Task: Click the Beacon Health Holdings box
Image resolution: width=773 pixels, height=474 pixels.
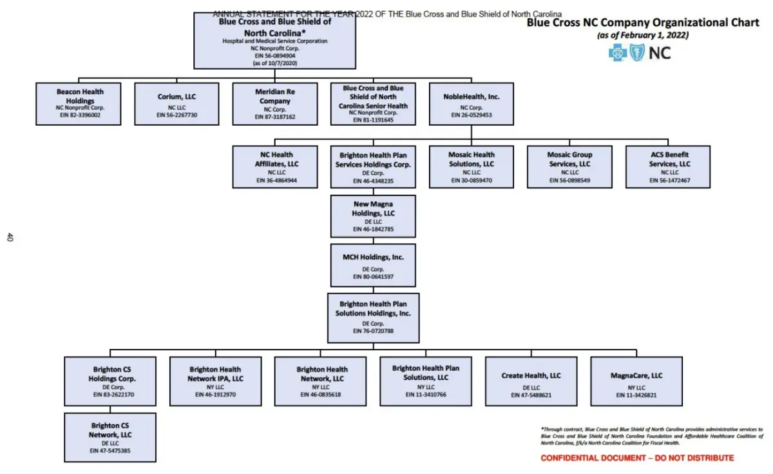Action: pyautogui.click(x=79, y=103)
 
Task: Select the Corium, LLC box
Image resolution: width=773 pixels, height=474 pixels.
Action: pyautogui.click(x=177, y=103)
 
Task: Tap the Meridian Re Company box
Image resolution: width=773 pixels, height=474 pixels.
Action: pyautogui.click(x=275, y=103)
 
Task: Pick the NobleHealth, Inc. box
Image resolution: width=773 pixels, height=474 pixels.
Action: pyautogui.click(x=472, y=103)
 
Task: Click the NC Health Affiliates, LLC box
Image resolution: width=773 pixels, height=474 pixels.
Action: pyautogui.click(x=275, y=166)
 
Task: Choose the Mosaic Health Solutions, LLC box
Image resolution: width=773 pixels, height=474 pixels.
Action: pyautogui.click(x=472, y=166)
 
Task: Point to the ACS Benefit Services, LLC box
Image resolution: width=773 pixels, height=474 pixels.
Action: pyautogui.click(x=668, y=166)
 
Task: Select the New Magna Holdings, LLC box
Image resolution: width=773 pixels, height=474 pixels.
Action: pyautogui.click(x=373, y=216)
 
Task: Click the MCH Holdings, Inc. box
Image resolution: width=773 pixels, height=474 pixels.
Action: pyautogui.click(x=373, y=264)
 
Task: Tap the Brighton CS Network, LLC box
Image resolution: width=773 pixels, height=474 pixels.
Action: pyautogui.click(x=110, y=437)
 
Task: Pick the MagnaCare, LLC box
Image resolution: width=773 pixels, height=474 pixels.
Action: pyautogui.click(x=636, y=380)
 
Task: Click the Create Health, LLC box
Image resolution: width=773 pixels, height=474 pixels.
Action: pyautogui.click(x=531, y=380)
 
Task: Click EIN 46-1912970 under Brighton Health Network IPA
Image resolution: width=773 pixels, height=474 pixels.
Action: pyautogui.click(x=216, y=394)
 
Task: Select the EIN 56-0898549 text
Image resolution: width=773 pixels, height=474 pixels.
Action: pyautogui.click(x=569, y=181)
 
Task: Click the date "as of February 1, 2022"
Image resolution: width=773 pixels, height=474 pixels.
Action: pyautogui.click(x=643, y=35)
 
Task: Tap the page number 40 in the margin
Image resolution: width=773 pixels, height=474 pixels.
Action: pyautogui.click(x=10, y=237)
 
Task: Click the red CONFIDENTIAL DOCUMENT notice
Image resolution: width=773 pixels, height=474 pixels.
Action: pyautogui.click(x=636, y=458)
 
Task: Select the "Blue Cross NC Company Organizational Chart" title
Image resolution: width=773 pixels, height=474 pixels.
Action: pyautogui.click(x=643, y=23)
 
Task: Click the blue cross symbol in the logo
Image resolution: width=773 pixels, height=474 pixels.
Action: pyautogui.click(x=617, y=53)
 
